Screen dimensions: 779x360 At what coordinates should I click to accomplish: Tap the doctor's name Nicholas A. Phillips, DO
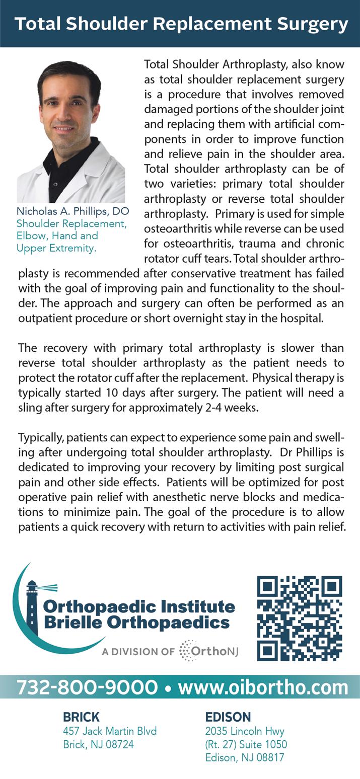[73, 211]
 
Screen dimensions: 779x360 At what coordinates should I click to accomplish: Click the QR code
[300, 618]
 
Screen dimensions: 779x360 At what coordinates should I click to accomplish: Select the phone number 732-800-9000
[87, 687]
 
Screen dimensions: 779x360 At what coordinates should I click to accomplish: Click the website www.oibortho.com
[263, 687]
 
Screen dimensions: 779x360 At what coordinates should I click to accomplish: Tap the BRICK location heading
[81, 717]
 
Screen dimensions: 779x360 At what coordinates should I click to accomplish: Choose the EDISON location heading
[228, 717]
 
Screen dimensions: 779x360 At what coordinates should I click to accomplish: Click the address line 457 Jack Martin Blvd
[110, 731]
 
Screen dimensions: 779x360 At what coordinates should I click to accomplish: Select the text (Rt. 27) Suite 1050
[246, 744]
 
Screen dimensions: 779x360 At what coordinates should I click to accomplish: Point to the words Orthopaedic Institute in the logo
[139, 606]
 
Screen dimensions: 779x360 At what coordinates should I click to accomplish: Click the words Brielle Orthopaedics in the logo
[136, 622]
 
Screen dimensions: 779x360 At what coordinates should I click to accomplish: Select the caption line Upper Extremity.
[56, 248]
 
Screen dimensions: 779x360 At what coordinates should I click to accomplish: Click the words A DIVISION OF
[138, 652]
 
